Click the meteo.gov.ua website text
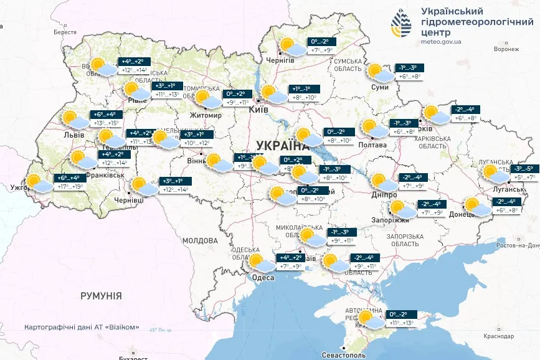(x=441, y=42)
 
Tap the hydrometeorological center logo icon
(x=401, y=25)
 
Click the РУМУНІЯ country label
(x=101, y=296)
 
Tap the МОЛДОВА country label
(x=200, y=240)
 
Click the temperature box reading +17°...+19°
(x=69, y=186)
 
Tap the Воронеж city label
(x=506, y=49)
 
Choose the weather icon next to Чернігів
(x=290, y=47)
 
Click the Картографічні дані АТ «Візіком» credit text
(x=82, y=328)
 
